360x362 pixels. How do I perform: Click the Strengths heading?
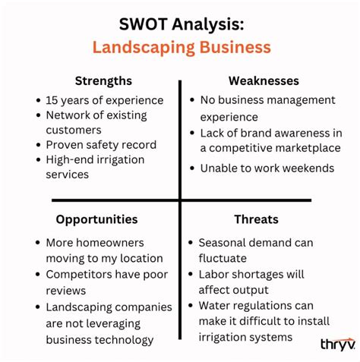pos(103,80)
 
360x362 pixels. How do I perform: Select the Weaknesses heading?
pos(264,80)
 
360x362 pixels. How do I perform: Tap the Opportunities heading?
pos(96,219)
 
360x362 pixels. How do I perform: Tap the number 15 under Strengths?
pos(52,100)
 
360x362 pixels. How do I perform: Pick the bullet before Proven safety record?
pos(38,145)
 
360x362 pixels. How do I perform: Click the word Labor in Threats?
pos(213,273)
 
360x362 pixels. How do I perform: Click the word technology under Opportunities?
pos(126,340)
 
